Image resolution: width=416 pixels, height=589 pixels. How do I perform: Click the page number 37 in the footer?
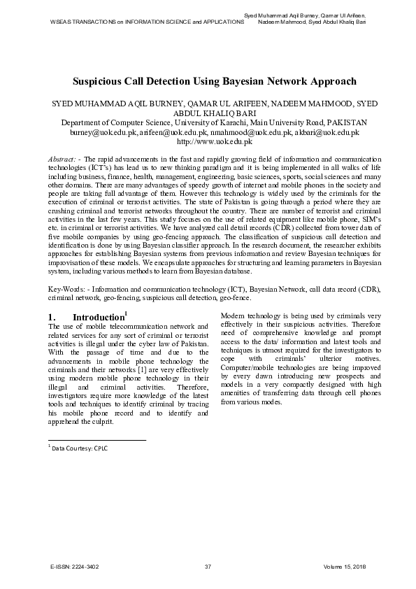coord(208,565)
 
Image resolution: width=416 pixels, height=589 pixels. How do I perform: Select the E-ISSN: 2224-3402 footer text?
coord(75,565)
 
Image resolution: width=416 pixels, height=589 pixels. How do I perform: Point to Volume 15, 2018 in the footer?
coord(345,565)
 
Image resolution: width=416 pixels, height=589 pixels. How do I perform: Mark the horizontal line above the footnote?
coord(96,440)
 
